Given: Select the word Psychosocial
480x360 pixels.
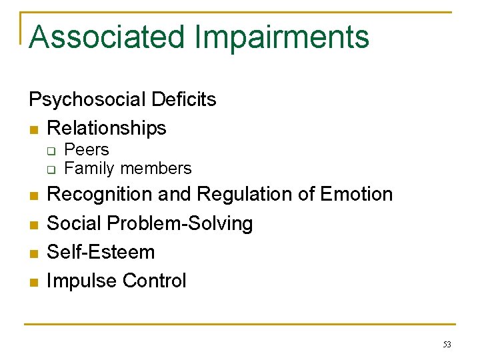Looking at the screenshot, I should (x=87, y=100).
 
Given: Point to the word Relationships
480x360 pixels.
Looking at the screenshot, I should (x=107, y=128).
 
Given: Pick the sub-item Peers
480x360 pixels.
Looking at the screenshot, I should (x=86, y=150).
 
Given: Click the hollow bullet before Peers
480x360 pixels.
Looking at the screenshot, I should (x=50, y=151).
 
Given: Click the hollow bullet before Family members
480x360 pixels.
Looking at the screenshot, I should (x=50, y=169).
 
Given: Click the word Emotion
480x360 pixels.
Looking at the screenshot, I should (x=356, y=195).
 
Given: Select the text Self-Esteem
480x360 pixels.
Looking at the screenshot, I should (x=101, y=252).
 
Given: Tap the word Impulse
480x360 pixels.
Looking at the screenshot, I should (x=79, y=281).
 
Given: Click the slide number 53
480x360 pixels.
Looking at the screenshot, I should (x=446, y=345).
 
